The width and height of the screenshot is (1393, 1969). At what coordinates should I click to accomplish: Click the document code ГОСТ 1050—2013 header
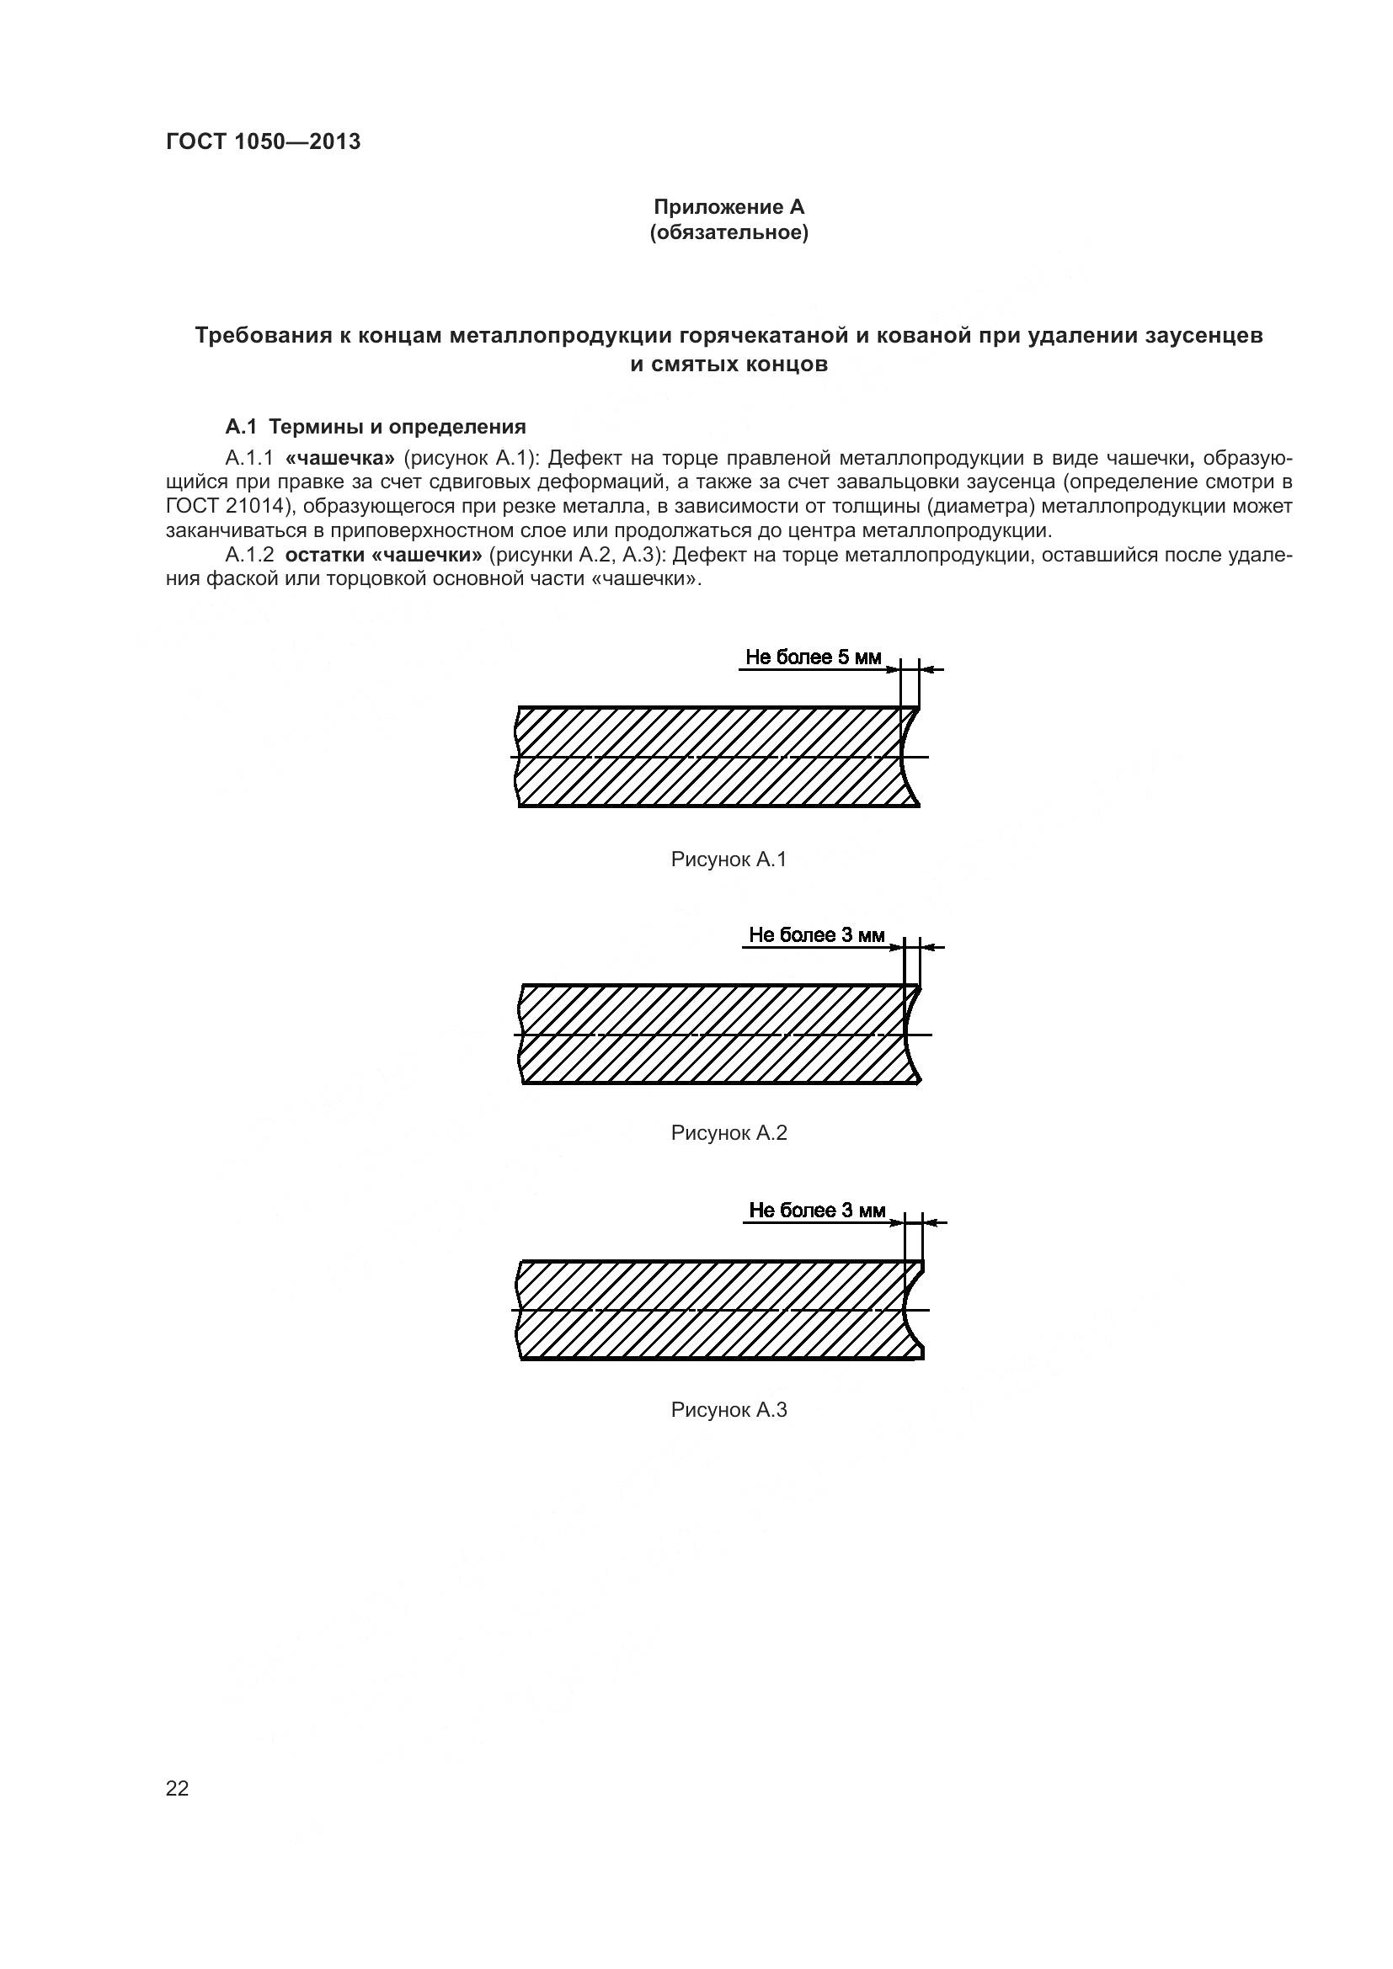coord(263,141)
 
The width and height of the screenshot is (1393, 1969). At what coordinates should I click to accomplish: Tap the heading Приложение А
coord(729,207)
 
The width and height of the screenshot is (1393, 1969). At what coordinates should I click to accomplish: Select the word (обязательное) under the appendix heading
coord(729,232)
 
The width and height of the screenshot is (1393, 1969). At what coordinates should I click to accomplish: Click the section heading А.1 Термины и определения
coord(375,426)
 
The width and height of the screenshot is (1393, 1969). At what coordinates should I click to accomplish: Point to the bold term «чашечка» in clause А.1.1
coord(339,458)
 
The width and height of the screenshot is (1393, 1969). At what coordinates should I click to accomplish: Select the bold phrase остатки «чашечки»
coord(383,555)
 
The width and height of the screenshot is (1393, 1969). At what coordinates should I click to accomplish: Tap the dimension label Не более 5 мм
coord(812,657)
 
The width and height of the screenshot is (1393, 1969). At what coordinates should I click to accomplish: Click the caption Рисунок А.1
coord(729,859)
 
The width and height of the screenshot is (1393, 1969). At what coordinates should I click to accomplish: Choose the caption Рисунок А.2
coord(729,1133)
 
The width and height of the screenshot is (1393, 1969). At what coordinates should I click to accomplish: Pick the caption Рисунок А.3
coord(729,1410)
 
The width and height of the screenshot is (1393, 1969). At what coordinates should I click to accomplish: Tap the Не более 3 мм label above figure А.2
coord(816,934)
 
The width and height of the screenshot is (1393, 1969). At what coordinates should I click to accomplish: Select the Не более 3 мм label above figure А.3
coord(817,1210)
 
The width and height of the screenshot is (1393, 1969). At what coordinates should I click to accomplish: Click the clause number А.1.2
coord(249,555)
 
